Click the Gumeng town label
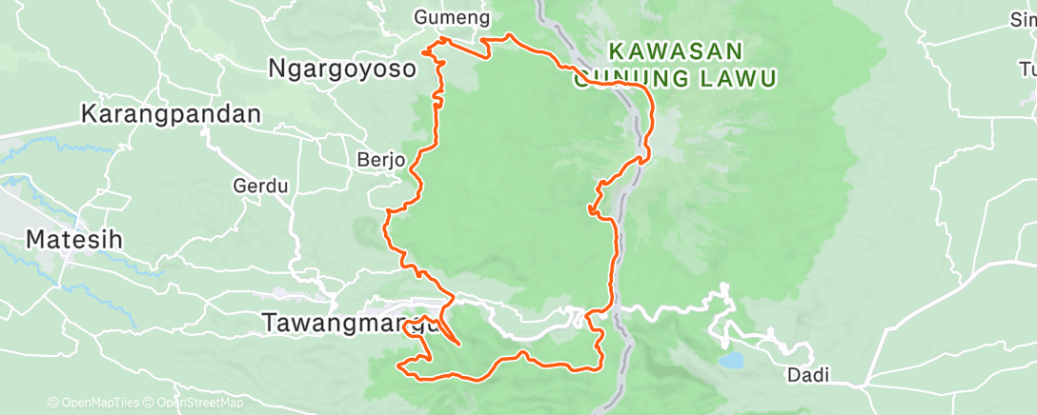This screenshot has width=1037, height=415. point(453,17)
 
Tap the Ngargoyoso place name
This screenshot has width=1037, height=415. point(343,69)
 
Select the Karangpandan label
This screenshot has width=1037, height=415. point(172,113)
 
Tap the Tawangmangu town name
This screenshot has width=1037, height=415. point(349,324)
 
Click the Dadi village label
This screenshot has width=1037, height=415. point(806,375)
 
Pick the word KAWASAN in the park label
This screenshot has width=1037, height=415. point(675,49)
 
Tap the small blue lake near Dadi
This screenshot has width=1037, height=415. point(732,362)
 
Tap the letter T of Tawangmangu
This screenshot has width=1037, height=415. point(269,324)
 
